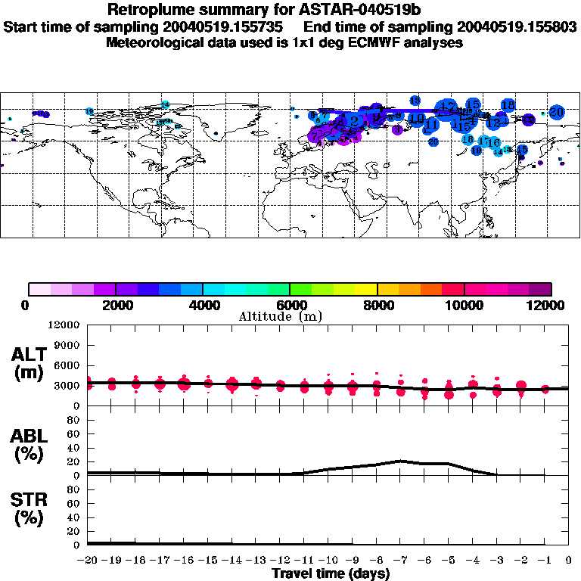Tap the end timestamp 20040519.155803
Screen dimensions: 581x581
pyautogui.click(x=522, y=27)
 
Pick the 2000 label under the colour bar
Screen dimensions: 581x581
pyautogui.click(x=115, y=305)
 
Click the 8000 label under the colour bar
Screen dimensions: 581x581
pyautogui.click(x=377, y=305)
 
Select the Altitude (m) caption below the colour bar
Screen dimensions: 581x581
pyautogui.click(x=290, y=316)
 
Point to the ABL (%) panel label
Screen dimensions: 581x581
pyautogui.click(x=30, y=444)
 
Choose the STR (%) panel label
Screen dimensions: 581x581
pyautogui.click(x=30, y=508)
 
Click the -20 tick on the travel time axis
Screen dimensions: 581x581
pyautogui.click(x=88, y=561)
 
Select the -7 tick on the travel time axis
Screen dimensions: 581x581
pyautogui.click(x=400, y=561)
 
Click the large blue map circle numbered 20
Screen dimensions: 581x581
pyautogui.click(x=557, y=112)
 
